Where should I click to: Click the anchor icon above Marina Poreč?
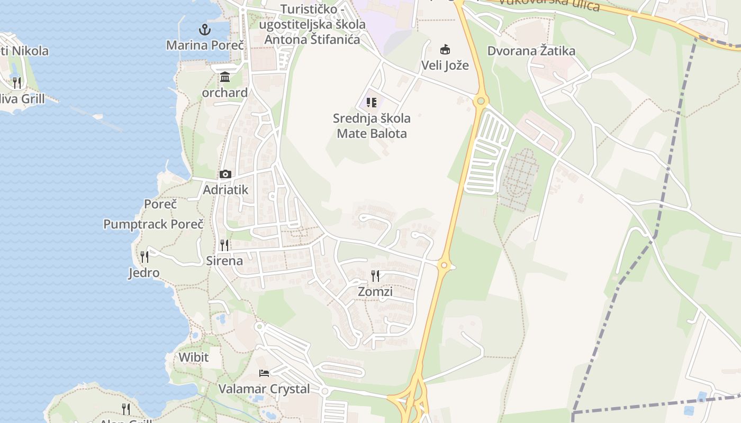coord(205,30)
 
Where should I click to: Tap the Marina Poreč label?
coord(205,45)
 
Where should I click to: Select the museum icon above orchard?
coord(225,77)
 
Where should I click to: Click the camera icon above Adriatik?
coord(225,174)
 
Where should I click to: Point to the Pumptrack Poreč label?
coord(153,224)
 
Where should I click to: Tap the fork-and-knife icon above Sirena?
coord(224,245)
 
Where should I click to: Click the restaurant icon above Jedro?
coord(144,257)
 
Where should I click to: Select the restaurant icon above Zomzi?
coord(375,275)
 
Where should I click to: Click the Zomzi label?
coord(375,291)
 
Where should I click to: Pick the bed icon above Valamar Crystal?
coord(264,373)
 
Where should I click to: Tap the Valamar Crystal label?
coord(264,389)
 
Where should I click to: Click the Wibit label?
coord(193,357)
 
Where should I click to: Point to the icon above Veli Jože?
coord(445,50)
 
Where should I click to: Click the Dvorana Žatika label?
coord(531,51)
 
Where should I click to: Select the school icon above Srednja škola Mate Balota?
coord(372,102)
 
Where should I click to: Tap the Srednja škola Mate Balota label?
coord(372,126)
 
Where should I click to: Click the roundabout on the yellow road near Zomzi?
coord(444,265)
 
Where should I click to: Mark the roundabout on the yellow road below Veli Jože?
coord(481,100)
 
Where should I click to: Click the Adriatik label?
coord(225,189)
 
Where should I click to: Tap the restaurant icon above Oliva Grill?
coord(17,82)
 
